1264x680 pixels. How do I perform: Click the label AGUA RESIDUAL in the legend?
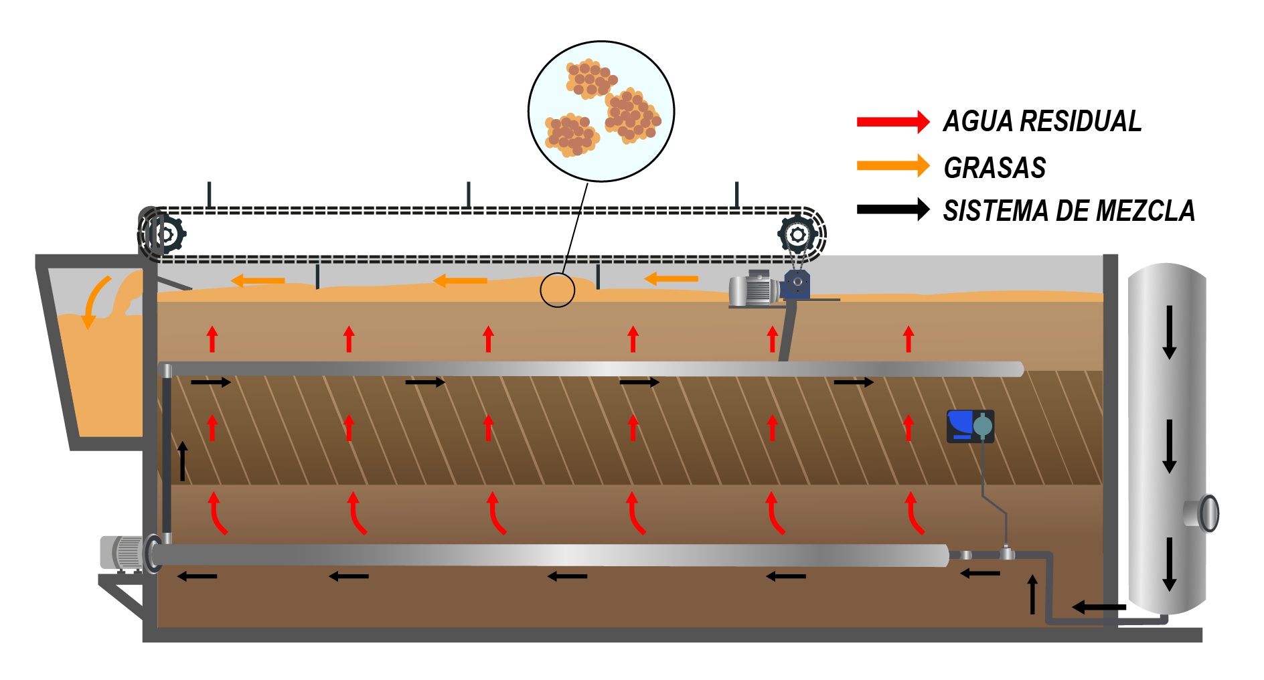tap(1042, 121)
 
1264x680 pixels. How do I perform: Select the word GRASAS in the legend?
tap(994, 167)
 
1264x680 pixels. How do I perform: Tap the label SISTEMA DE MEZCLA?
tap(1069, 211)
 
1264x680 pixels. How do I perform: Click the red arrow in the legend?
tap(893, 122)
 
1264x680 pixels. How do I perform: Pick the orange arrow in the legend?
tap(893, 166)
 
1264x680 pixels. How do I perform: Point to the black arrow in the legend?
tap(893, 209)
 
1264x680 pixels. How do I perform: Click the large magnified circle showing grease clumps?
tap(601, 111)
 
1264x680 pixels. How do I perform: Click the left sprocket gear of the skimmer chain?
tap(163, 234)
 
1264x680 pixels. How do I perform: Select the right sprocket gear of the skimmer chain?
tap(797, 234)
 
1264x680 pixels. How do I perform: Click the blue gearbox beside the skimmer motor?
tap(797, 284)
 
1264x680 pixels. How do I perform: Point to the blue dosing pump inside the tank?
tap(969, 426)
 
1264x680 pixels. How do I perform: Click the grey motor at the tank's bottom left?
tap(124, 553)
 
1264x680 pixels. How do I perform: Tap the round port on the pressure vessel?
tap(1208, 513)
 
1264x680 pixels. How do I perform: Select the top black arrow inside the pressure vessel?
tap(1169, 332)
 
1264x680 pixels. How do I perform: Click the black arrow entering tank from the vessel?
tap(1099, 607)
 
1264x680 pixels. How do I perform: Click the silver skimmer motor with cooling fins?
tap(755, 289)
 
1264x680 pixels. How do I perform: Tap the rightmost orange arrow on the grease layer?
tap(671, 278)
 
